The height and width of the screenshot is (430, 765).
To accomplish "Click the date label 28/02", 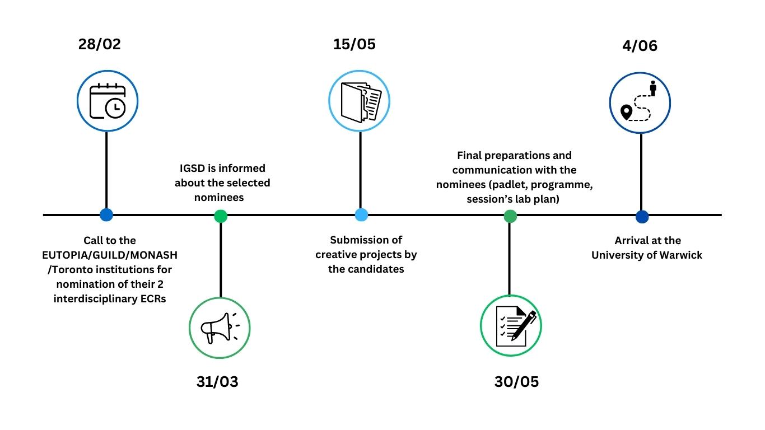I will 100,44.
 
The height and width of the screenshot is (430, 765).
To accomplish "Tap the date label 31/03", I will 217,382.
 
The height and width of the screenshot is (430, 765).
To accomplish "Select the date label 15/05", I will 354,44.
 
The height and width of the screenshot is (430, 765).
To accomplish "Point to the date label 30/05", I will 516,382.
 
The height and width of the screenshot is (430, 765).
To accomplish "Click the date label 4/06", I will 640,46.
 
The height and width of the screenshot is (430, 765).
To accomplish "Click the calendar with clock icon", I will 107,101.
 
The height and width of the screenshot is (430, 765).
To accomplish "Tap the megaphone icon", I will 220,327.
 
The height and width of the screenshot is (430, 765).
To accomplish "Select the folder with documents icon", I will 360,101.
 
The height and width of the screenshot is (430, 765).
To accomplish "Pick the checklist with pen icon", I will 511,326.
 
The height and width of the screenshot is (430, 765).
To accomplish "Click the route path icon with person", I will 640,102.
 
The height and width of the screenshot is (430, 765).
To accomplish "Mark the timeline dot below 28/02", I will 106,214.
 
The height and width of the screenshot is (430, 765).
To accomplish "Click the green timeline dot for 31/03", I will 221,216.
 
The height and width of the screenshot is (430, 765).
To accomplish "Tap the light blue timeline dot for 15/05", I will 361,214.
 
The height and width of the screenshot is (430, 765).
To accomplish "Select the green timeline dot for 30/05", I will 510,216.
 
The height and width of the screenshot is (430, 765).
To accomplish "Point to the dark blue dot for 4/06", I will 642,216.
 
